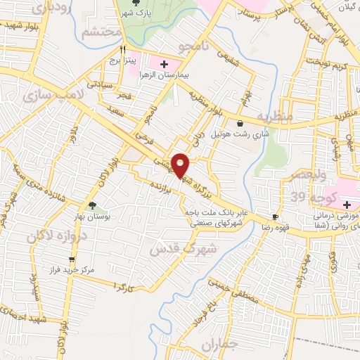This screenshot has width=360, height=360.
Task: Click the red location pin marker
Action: click(180, 165)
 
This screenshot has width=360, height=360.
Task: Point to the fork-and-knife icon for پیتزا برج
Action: click(123, 50)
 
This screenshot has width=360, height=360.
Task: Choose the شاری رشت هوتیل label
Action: click(241, 134)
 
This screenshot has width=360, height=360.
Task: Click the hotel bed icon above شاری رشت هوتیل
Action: click(241, 123)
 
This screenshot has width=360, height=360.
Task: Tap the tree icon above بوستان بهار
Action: click(94, 207)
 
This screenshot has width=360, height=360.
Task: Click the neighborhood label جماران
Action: click(219, 345)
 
